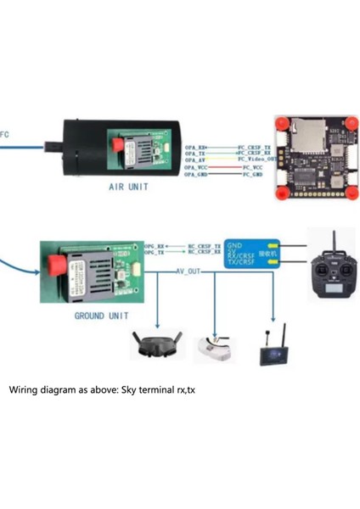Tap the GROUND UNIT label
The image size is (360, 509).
pyautogui.click(x=101, y=316)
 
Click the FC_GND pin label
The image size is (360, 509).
pyautogui.click(x=252, y=174)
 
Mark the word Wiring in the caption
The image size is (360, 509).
pyautogui.click(x=26, y=390)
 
